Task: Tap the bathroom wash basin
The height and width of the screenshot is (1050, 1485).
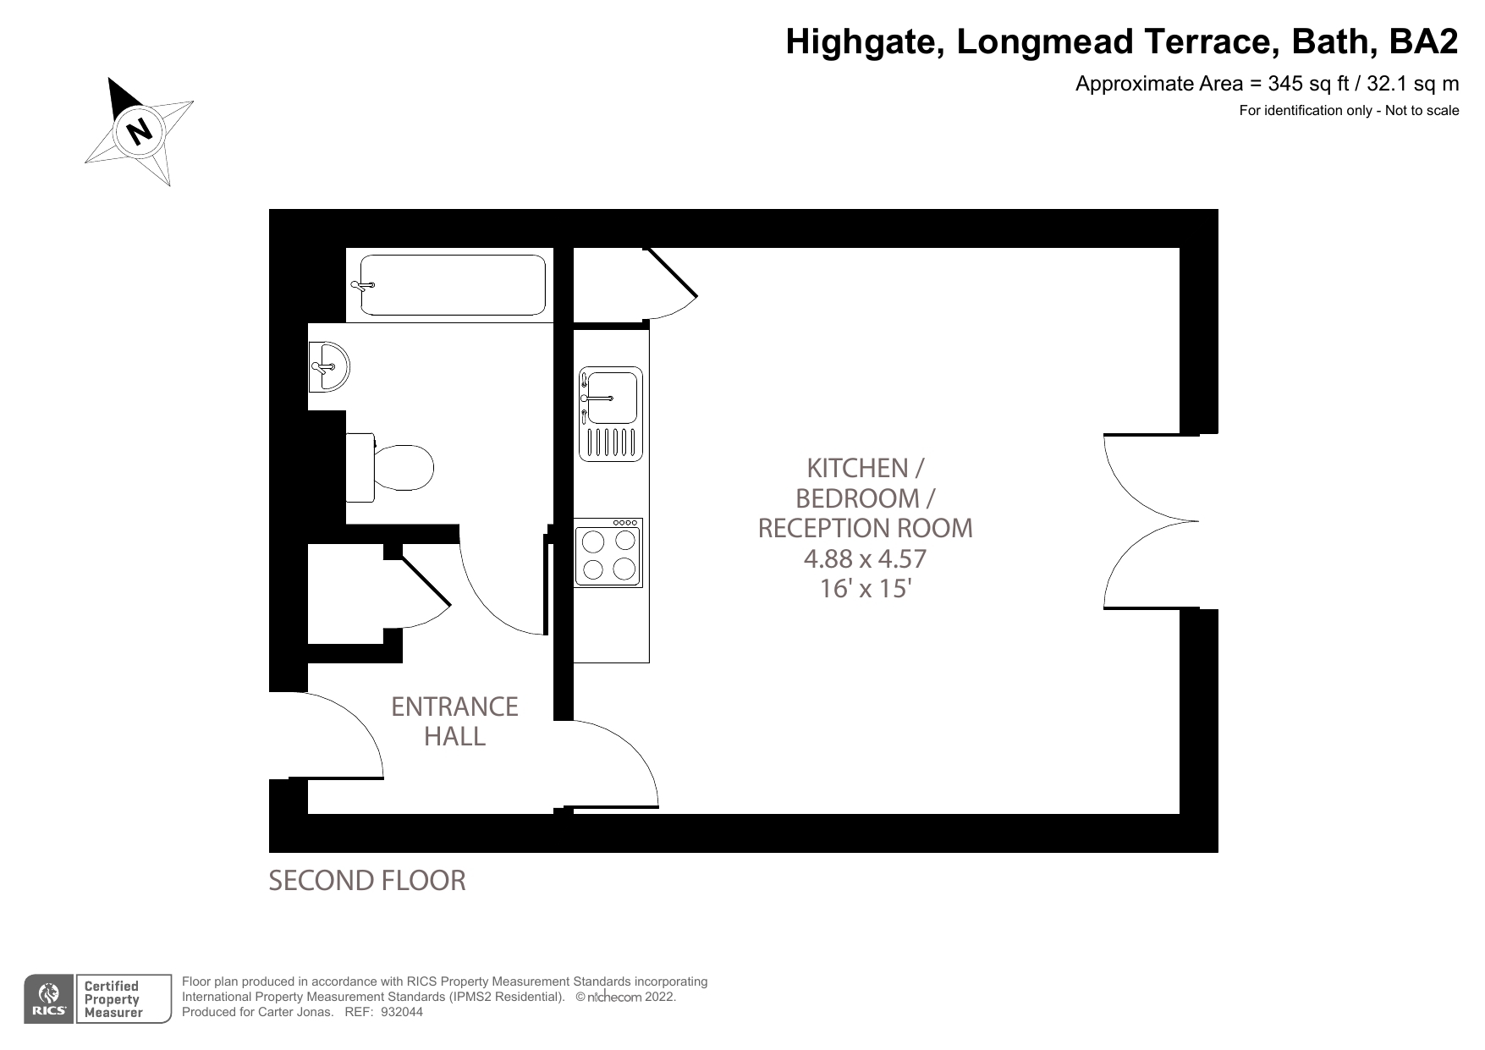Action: (329, 367)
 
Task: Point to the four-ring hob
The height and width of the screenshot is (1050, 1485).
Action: (608, 553)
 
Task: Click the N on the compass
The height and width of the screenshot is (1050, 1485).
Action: (139, 131)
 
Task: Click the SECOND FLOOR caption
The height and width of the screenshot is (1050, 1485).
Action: (366, 881)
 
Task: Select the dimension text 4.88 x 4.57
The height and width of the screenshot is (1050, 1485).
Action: (865, 558)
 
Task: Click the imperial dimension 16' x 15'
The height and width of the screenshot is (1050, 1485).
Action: (865, 588)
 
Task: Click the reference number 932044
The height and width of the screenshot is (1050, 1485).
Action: (402, 1012)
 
